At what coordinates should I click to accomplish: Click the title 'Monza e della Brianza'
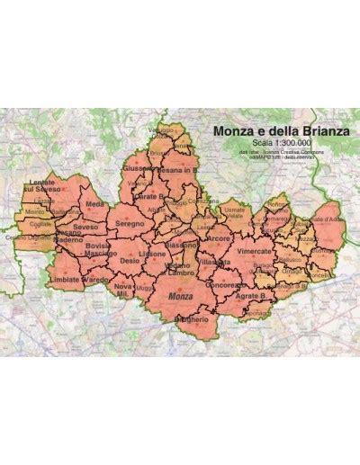pos(283,131)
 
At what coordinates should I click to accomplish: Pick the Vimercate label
pos(258,255)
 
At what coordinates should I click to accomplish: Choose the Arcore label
pos(217,240)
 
